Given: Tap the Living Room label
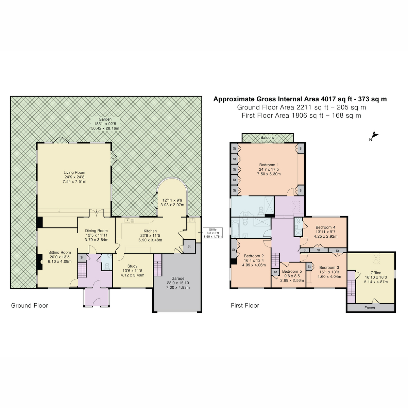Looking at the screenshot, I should pyautogui.click(x=74, y=173).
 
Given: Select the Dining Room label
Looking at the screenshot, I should pyautogui.click(x=96, y=231).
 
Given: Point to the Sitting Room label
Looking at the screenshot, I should pyautogui.click(x=60, y=253).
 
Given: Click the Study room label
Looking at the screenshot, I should pyautogui.click(x=132, y=266).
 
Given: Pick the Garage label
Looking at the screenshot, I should pyautogui.click(x=178, y=278).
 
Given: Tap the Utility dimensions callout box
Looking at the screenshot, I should pyautogui.click(x=213, y=233).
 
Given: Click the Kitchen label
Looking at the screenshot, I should pyautogui.click(x=150, y=231).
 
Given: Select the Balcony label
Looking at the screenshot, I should pyautogui.click(x=268, y=138).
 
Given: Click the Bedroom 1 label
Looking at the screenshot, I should pyautogui.click(x=269, y=165).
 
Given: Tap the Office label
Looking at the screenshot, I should pyautogui.click(x=376, y=273).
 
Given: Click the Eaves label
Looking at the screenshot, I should pyautogui.click(x=370, y=308).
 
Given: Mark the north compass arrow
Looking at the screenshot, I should pyautogui.click(x=374, y=135).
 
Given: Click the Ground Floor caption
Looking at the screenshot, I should pyautogui.click(x=30, y=306).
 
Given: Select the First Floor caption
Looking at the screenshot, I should pyautogui.click(x=245, y=306).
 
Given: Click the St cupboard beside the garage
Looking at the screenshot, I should pyautogui.click(x=189, y=247).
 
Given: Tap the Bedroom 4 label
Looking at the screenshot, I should pyautogui.click(x=325, y=227).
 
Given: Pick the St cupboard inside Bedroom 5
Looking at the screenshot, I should pyautogui.click(x=274, y=272).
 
